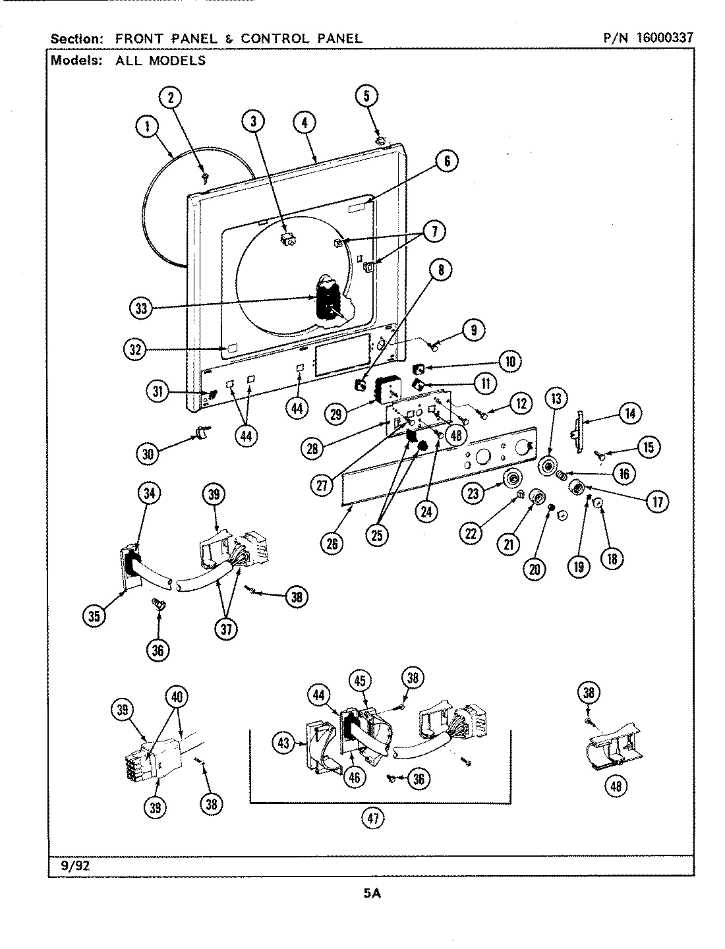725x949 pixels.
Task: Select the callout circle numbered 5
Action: pos(367,96)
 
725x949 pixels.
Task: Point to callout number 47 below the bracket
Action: pos(374,818)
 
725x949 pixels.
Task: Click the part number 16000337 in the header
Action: pos(664,38)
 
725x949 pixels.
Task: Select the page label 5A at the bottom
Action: pos(372,894)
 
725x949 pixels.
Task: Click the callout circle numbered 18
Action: pos(612,558)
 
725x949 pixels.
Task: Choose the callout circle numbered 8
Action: pos(441,269)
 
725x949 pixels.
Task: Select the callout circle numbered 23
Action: pos(473,492)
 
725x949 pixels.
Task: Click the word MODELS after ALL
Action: pos(177,61)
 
